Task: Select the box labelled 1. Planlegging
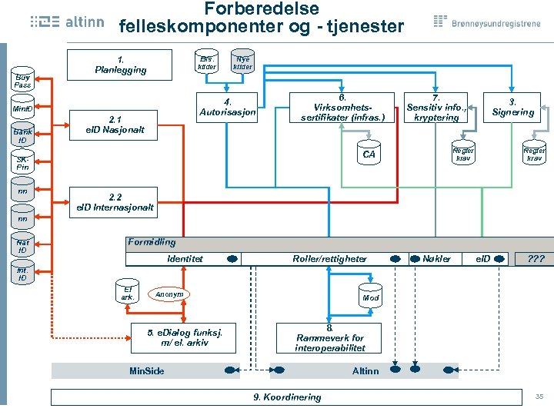click(120, 65)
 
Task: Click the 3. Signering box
click(512, 108)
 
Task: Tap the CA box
click(369, 154)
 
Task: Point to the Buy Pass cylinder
click(22, 80)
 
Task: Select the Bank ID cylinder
click(22, 135)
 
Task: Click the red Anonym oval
click(169, 294)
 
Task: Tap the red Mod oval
click(370, 297)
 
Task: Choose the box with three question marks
click(534, 259)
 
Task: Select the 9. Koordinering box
click(287, 397)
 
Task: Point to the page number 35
click(539, 396)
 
